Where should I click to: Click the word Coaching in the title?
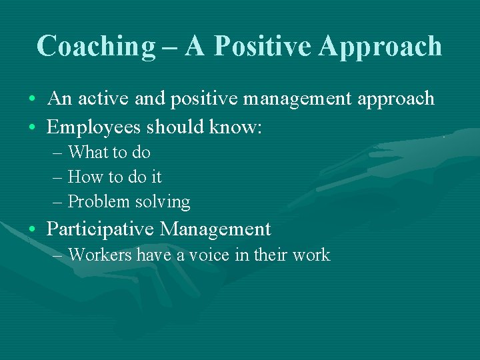pos(95,46)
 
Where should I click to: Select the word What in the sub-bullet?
pos(87,152)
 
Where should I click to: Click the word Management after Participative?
pos(215,229)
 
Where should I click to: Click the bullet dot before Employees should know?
pos(33,127)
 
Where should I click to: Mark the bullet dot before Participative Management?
pos(33,230)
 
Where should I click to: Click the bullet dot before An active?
pos(33,100)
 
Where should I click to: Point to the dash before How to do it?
pos(57,177)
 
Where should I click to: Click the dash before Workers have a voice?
pos(57,255)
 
